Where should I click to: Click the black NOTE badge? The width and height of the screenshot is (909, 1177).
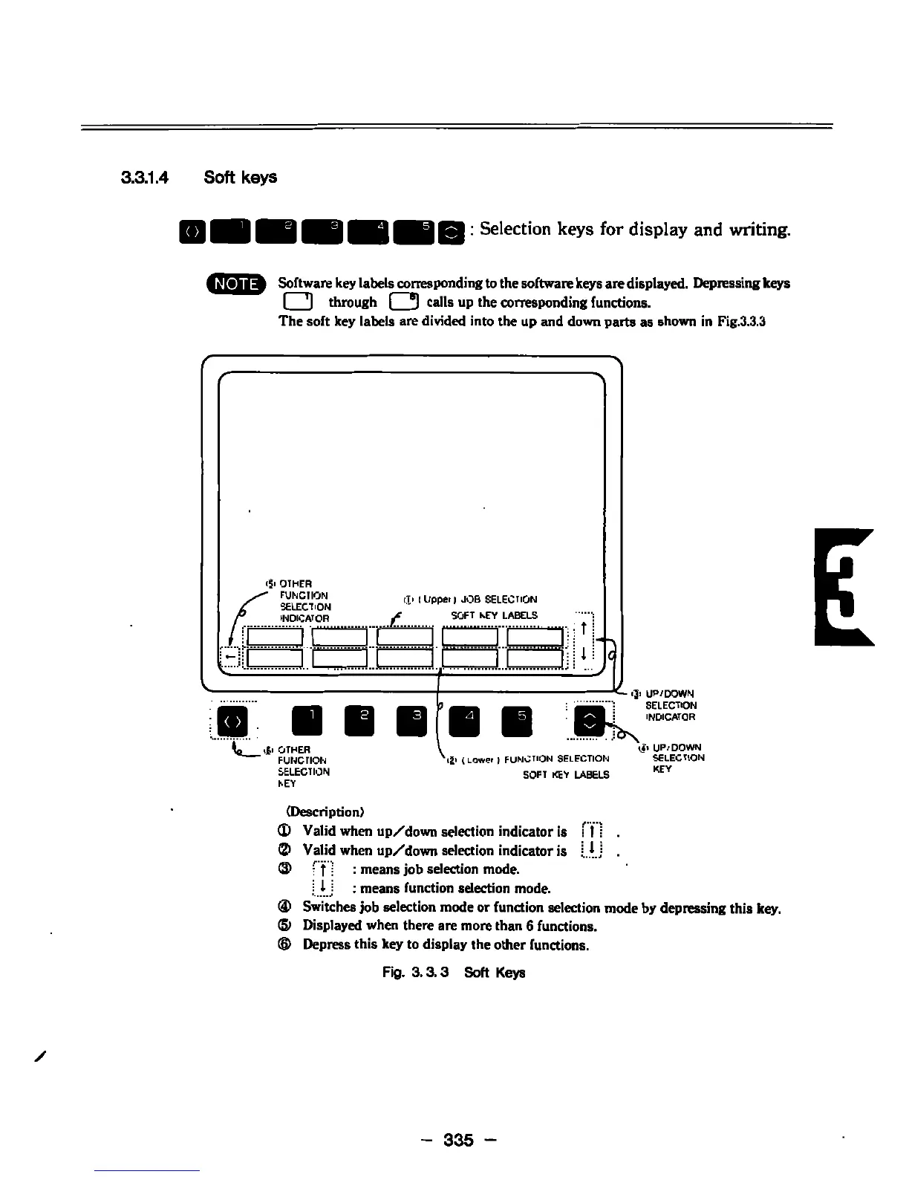point(237,284)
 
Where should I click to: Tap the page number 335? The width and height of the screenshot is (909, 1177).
point(458,1139)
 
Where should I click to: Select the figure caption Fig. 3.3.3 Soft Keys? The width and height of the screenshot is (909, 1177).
point(454,973)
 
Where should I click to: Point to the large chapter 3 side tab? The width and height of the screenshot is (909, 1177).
point(844,586)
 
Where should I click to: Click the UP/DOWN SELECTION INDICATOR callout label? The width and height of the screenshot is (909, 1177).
point(671,706)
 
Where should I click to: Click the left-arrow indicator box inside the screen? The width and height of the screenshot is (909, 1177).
point(231,657)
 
